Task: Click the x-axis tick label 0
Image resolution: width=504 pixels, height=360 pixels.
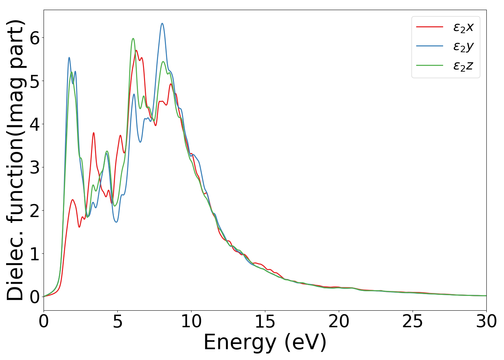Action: [x=44, y=321]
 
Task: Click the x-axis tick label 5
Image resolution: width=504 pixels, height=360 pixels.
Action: [x=117, y=321]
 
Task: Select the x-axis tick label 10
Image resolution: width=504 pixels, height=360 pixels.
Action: [x=191, y=321]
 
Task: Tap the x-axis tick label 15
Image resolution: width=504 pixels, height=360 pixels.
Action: [x=265, y=321]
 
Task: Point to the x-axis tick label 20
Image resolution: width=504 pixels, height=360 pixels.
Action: [x=339, y=321]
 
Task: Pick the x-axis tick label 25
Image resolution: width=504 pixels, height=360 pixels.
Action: [x=413, y=321]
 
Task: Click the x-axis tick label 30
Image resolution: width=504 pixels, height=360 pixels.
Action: [x=486, y=321]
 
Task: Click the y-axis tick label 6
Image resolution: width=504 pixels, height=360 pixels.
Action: [x=34, y=38]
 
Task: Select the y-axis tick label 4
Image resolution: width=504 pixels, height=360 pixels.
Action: [x=34, y=124]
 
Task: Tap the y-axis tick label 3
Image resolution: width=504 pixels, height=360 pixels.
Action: [x=34, y=167]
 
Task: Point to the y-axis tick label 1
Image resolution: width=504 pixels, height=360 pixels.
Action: [x=34, y=254]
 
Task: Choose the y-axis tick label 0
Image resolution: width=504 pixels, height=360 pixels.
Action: [x=34, y=297]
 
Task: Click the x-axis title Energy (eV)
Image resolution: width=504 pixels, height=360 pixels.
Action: [x=265, y=342]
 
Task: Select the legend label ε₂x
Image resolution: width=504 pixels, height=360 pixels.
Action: [x=463, y=27]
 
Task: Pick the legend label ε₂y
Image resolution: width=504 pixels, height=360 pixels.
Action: [x=463, y=46]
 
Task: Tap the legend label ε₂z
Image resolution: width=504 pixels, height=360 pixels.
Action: [x=463, y=66]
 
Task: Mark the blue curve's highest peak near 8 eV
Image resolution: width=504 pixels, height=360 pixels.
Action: [x=162, y=23]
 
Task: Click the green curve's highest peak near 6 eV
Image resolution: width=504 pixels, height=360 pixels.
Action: [x=133, y=39]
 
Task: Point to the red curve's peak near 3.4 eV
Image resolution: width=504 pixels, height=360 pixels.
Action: [x=94, y=133]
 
